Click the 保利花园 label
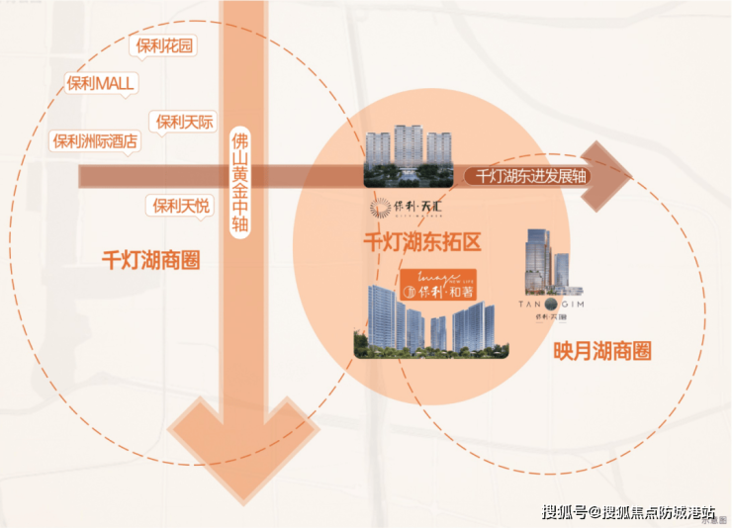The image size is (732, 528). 165,45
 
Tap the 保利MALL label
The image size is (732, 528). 100,83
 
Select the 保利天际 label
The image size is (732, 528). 183,122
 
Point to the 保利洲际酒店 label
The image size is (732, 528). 95,141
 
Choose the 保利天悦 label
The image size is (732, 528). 179,206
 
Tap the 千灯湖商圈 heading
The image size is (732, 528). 151,261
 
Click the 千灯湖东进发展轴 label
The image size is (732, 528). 547,176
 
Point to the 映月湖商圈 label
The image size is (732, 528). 602,350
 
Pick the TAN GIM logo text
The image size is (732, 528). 552,306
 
